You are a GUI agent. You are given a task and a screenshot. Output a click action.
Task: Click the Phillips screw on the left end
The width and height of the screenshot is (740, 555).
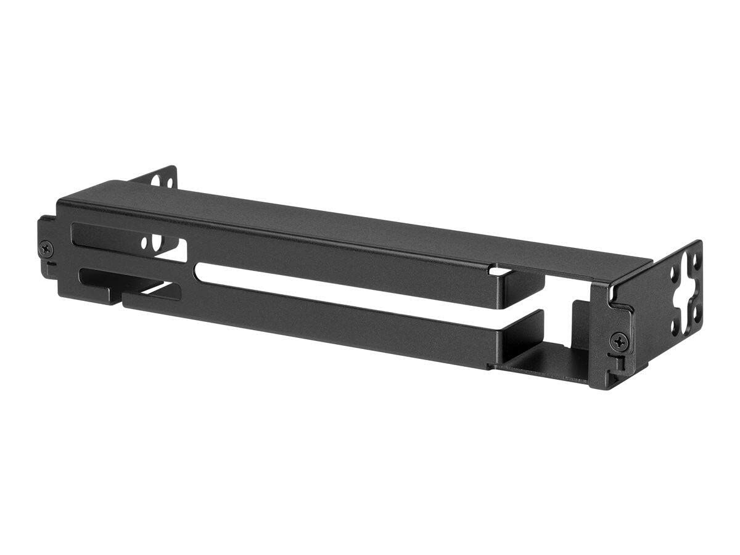(46, 249)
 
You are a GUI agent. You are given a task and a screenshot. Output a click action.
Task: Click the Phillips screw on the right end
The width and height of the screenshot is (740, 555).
(619, 340)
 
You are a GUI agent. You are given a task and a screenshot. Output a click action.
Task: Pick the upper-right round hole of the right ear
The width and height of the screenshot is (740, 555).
(697, 260)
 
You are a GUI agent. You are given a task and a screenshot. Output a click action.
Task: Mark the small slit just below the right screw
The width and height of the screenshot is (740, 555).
(613, 358)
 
